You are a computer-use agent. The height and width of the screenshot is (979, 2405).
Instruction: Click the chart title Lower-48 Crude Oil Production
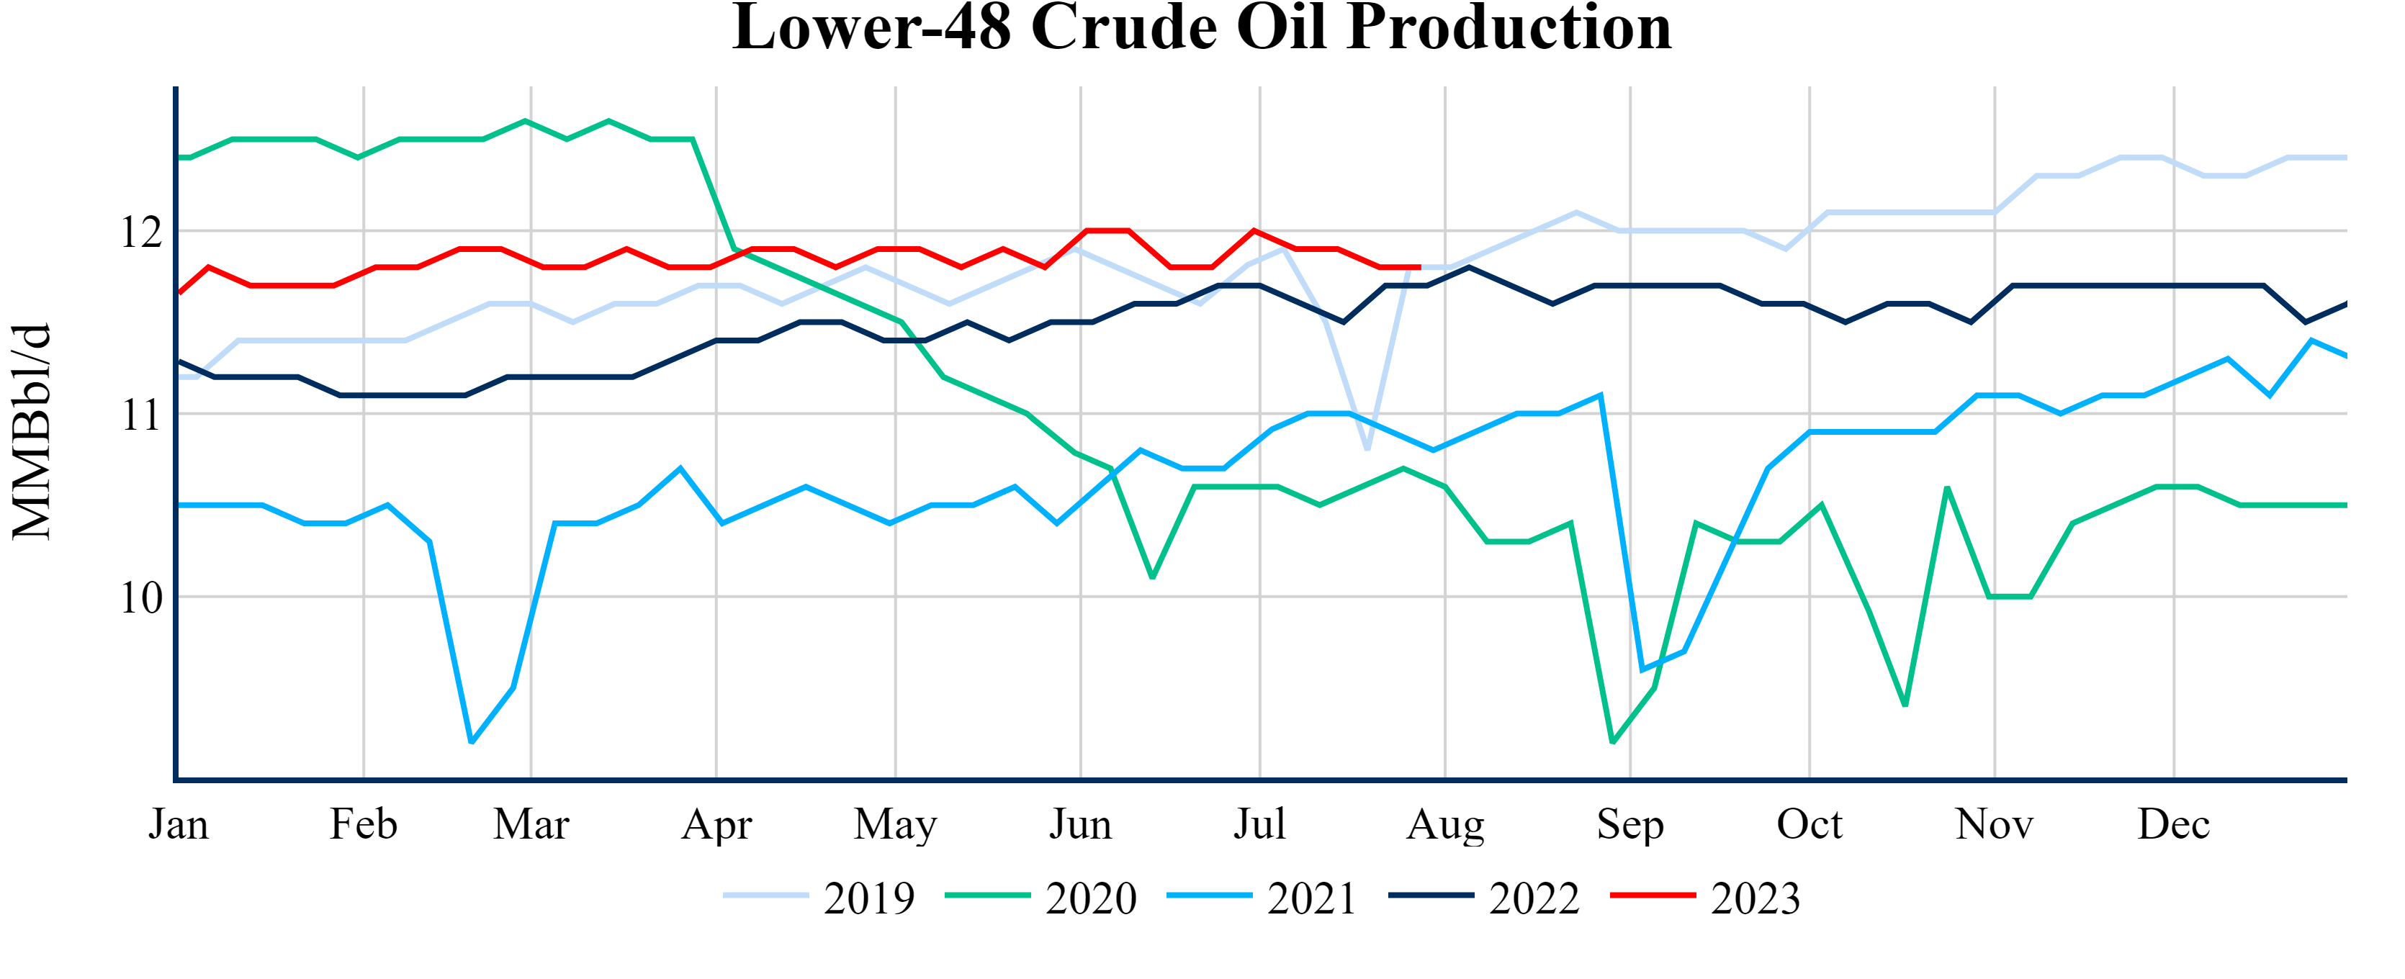point(1202,28)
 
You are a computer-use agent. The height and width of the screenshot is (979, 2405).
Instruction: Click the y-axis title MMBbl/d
point(32,431)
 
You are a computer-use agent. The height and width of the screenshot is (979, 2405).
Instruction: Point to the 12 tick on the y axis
point(141,233)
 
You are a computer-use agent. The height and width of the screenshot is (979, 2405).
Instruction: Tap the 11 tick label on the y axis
point(141,415)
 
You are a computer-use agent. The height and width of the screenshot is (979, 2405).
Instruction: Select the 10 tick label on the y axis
point(141,598)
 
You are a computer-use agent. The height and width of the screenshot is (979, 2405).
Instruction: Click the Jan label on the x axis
point(179,825)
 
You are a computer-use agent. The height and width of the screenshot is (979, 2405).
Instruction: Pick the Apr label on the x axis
point(716,825)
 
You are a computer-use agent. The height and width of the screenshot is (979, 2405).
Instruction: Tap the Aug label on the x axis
point(1445,825)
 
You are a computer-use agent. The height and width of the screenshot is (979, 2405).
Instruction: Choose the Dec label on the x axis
point(2173,825)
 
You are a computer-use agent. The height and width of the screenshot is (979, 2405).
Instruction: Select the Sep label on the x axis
point(1630,825)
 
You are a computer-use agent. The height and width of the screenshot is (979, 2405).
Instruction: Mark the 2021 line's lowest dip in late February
point(472,742)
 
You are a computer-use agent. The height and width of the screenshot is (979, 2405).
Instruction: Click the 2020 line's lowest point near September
point(1612,742)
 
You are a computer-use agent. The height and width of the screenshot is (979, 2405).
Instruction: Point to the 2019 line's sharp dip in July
point(1367,449)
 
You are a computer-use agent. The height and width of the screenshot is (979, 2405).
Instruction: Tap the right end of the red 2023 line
point(1420,267)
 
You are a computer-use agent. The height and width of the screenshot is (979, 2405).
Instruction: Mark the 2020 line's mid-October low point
point(1905,705)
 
